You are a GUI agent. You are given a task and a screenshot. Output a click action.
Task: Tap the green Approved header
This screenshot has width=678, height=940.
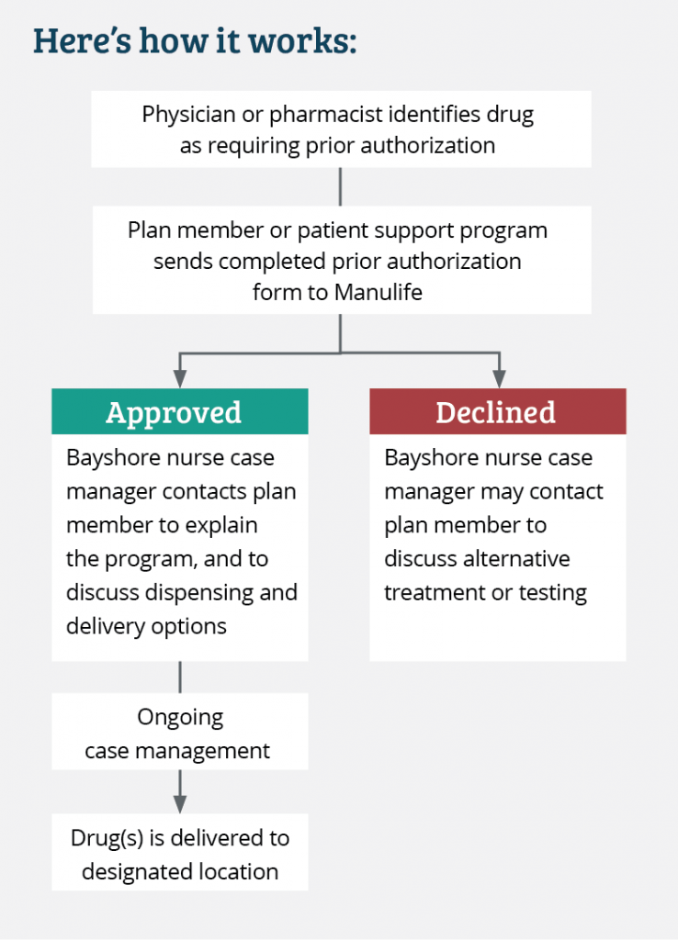pos(180,412)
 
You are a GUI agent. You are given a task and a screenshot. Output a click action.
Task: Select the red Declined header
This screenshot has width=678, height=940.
pos(497,412)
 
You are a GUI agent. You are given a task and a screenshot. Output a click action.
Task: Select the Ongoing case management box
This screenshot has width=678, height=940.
pos(180,733)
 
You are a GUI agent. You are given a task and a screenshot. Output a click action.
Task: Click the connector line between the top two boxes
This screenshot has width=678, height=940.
pos(341,186)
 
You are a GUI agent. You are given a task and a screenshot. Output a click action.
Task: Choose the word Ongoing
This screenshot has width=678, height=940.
pos(180,717)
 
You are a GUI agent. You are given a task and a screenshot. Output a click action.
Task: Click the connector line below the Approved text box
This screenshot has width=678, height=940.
pos(180,677)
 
